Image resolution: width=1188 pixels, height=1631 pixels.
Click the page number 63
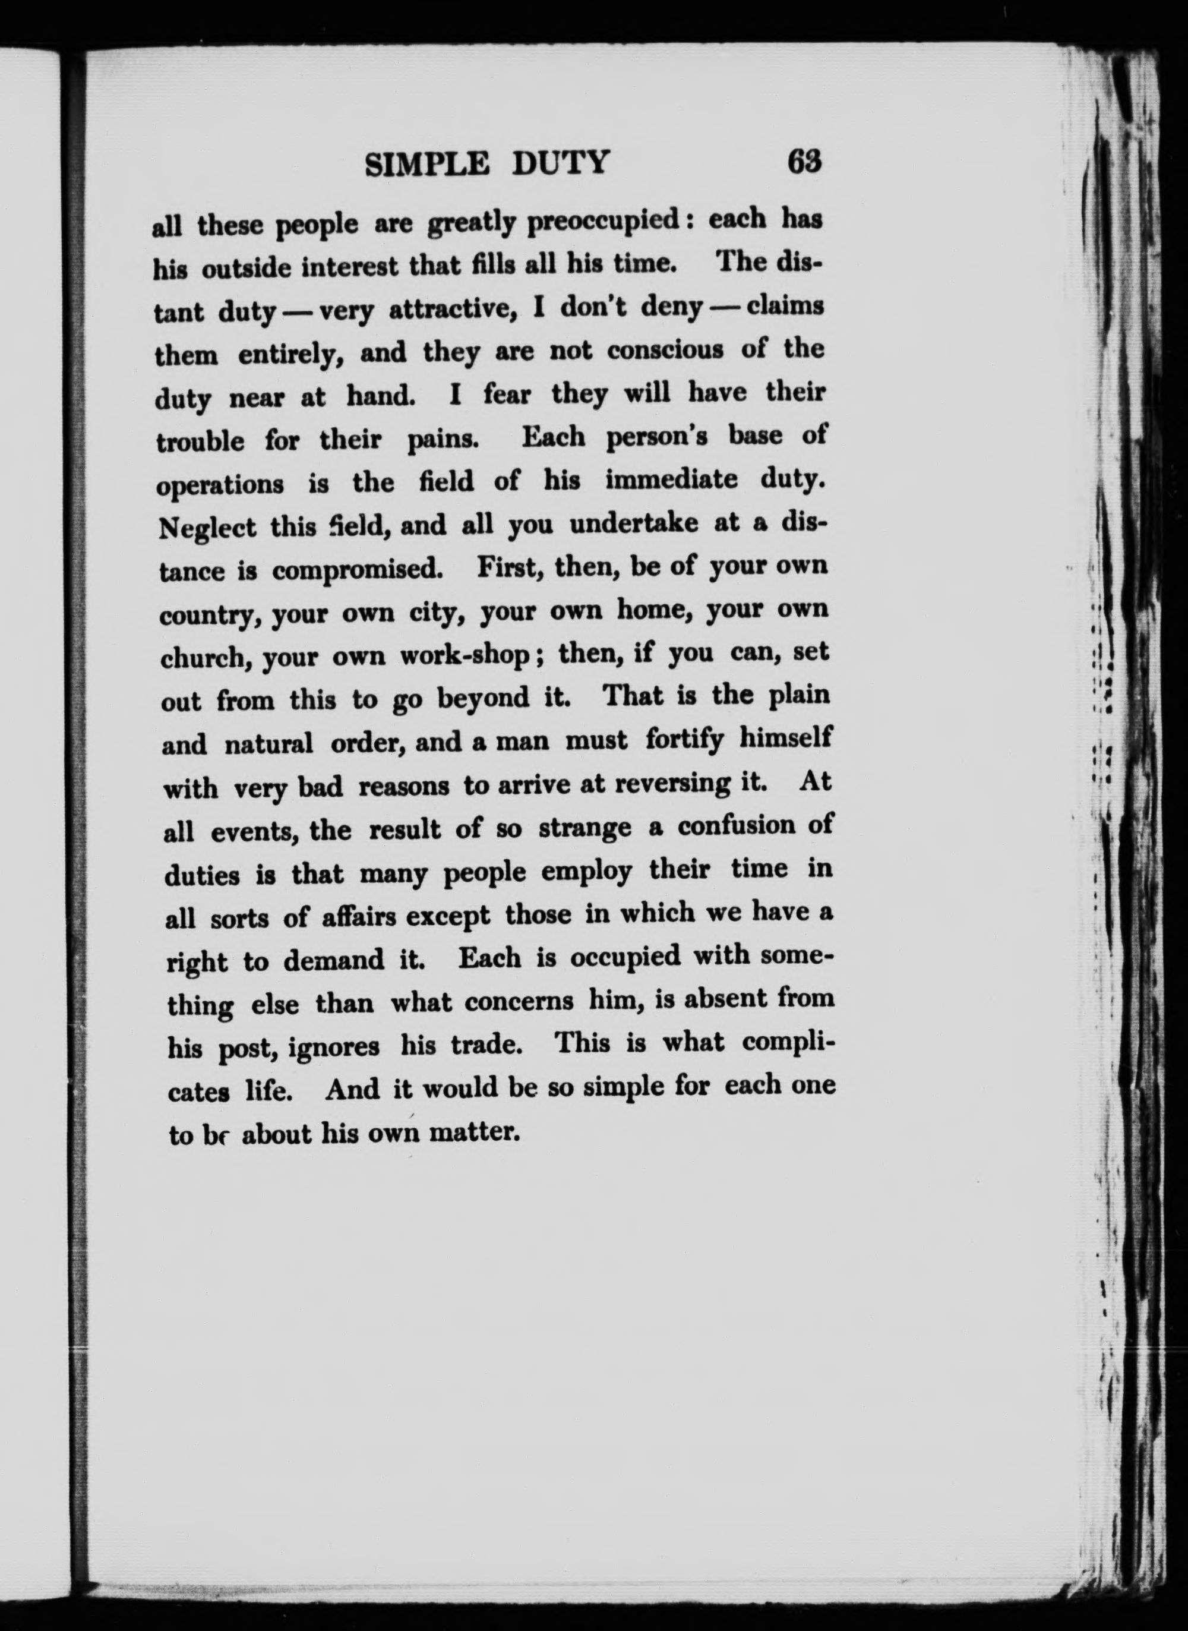click(804, 161)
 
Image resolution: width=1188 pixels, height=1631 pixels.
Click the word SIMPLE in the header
click(427, 164)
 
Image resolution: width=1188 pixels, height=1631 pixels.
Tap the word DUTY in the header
click(561, 163)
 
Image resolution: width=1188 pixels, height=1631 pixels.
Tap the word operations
click(220, 485)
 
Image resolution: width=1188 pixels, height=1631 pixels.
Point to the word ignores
click(334, 1047)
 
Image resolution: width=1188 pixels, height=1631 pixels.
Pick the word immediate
click(672, 479)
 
